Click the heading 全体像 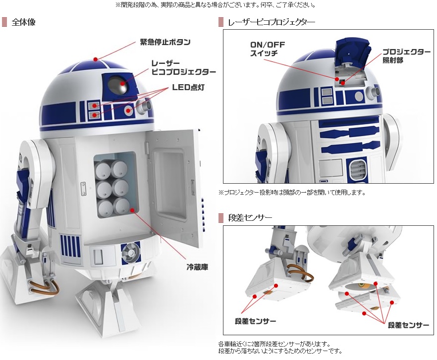pyautogui.click(x=23, y=22)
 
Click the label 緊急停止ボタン pyautogui.click(x=165, y=42)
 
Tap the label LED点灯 pyautogui.click(x=188, y=87)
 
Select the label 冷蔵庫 pyautogui.click(x=197, y=266)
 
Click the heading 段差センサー pyautogui.click(x=250, y=217)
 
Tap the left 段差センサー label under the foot pyautogui.click(x=256, y=321)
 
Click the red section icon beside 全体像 pyautogui.click(x=4, y=22)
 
